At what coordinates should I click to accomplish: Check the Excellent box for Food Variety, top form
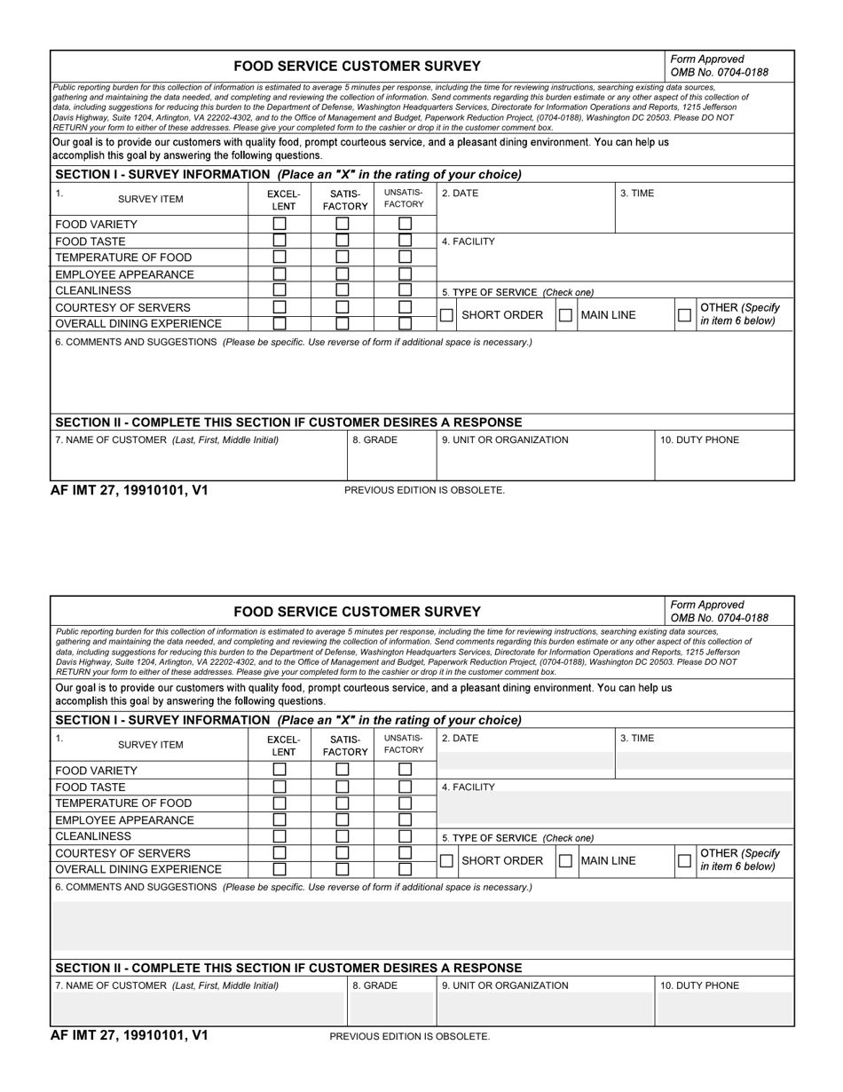(280, 225)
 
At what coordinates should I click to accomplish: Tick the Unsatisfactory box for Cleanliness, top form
(405, 290)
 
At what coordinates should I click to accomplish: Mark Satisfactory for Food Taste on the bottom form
(342, 787)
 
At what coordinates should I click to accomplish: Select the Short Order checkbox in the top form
(447, 315)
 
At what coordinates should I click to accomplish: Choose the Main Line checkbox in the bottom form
(565, 861)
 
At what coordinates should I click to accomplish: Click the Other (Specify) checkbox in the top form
(684, 315)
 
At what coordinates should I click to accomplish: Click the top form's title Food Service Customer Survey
(357, 66)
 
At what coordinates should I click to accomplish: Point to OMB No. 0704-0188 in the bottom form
(719, 618)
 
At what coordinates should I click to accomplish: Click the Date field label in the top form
(460, 193)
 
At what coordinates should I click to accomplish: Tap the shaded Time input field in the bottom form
(704, 761)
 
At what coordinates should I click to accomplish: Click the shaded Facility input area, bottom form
(615, 808)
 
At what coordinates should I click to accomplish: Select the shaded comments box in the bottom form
(422, 926)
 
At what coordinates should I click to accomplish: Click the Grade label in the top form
(374, 439)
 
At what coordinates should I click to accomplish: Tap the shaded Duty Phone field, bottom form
(724, 1008)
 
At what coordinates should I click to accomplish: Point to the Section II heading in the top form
(288, 423)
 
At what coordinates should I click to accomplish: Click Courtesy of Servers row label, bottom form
(122, 853)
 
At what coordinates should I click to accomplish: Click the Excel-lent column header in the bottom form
(284, 745)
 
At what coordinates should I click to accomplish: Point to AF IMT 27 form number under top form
(130, 489)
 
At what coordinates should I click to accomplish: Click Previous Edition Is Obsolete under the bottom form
(409, 1036)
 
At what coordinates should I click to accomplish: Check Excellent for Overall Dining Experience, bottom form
(280, 869)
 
